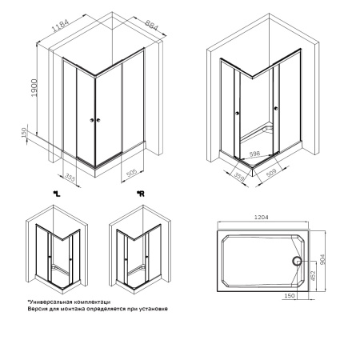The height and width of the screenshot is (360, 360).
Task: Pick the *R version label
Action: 139,193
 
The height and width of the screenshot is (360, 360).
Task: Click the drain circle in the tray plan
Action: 297,261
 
